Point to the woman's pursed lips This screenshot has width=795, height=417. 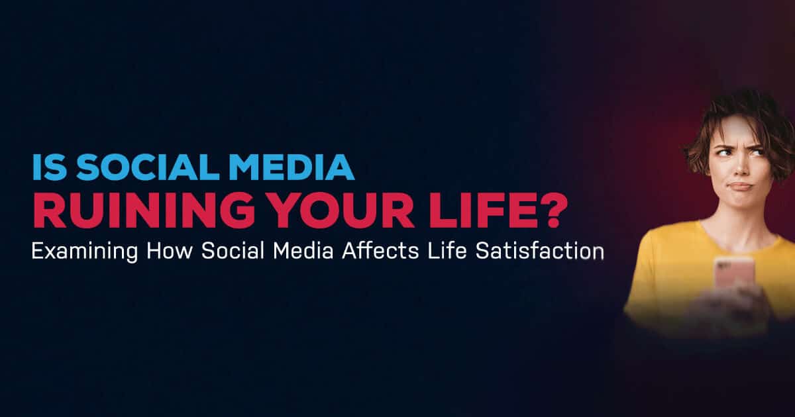point(741,187)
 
